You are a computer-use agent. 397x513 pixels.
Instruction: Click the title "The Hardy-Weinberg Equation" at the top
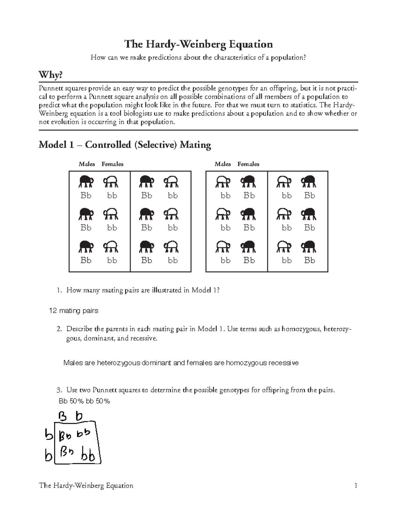pos(198,44)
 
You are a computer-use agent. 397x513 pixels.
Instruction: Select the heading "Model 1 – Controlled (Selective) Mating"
pos(125,145)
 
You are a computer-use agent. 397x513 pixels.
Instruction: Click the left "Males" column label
pos(87,164)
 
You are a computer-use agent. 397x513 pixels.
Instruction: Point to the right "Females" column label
pos(248,164)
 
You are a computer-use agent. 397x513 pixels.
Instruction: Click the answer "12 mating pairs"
pos(73,311)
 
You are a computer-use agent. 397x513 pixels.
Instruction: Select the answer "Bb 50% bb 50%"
pos(84,401)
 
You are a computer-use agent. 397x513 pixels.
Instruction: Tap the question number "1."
pos(59,290)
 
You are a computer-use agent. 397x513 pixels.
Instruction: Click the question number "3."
pos(59,390)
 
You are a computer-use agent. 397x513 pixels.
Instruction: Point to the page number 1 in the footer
pos(356,486)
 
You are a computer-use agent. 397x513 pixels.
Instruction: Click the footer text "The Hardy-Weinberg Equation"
pos(86,486)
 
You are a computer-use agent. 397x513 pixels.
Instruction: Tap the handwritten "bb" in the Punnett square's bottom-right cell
pos(88,456)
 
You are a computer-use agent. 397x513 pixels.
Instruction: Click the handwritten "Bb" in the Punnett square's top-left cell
pos(65,437)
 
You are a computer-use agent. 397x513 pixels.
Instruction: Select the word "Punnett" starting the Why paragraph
pos(50,89)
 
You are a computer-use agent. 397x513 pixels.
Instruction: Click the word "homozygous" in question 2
pos(301,329)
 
